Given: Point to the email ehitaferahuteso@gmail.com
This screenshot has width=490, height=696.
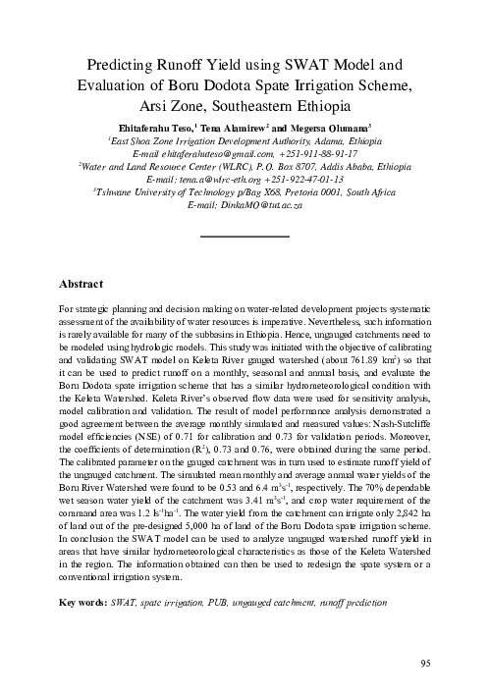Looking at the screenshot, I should [210, 154].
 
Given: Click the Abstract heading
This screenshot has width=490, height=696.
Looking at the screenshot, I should [82, 285].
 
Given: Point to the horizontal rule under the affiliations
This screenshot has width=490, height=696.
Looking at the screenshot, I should [245, 237].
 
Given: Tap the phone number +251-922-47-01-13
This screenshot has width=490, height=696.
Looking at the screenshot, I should [299, 180].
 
